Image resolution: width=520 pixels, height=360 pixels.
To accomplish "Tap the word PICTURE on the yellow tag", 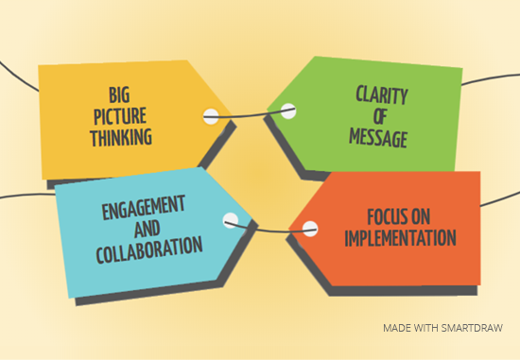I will tap(121, 115).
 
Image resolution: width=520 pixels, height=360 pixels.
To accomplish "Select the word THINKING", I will tap(121, 138).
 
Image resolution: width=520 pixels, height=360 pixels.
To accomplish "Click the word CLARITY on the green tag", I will tap(381, 94).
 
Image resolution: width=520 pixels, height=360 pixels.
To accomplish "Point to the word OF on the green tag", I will tap(381, 117).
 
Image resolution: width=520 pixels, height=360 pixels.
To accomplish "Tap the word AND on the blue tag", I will tap(149, 227).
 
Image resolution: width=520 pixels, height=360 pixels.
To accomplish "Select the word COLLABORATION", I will tap(149, 249).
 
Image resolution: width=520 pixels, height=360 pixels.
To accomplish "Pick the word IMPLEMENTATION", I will tap(400, 237).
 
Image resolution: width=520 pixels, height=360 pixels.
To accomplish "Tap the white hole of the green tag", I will tap(288, 111).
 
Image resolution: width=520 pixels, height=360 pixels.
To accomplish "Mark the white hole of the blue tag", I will tap(230, 221).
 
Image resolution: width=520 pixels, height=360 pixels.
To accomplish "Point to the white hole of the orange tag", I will tap(307, 226).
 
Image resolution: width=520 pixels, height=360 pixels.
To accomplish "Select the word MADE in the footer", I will tap(398, 328).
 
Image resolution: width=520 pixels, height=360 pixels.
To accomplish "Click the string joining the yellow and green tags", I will tap(251, 117).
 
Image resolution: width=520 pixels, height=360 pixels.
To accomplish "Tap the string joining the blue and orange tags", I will tap(269, 230).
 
